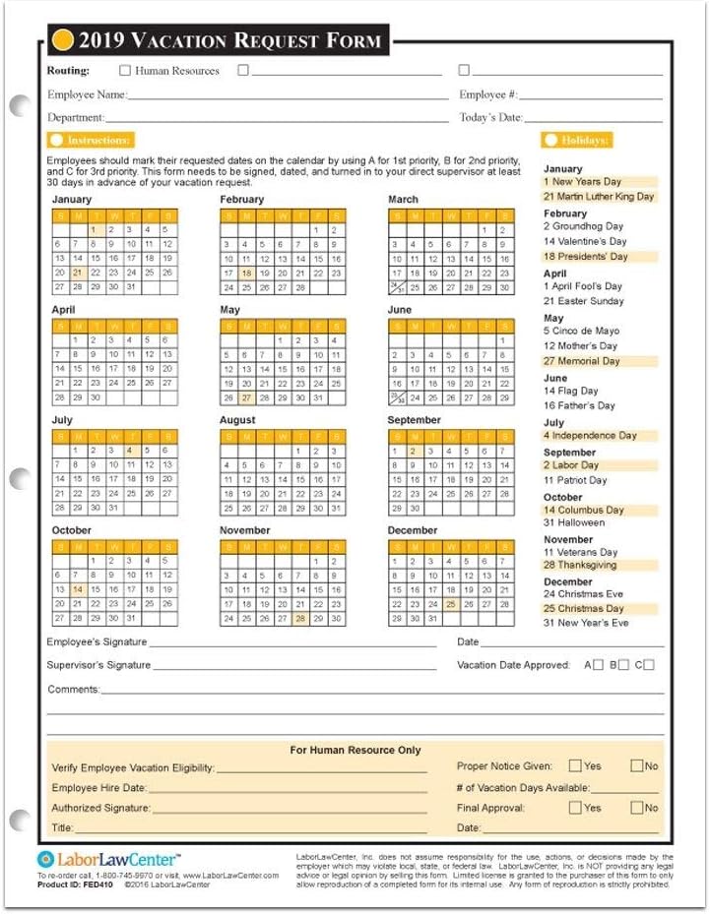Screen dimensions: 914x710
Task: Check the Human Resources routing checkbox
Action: tap(125, 71)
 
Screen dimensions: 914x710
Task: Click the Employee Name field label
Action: tap(87, 95)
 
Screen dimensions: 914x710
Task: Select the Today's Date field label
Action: tap(490, 118)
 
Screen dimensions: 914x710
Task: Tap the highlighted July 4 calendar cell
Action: tap(128, 450)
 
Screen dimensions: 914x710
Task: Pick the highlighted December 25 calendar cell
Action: tap(450, 604)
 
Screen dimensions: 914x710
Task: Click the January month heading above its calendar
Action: tap(71, 200)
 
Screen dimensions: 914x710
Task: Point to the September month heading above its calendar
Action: tap(414, 420)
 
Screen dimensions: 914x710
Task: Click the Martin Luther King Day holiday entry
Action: tap(599, 197)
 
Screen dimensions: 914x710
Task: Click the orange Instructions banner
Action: tap(91, 141)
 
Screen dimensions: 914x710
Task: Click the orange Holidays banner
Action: tap(577, 141)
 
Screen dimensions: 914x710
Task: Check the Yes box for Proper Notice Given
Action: tap(575, 765)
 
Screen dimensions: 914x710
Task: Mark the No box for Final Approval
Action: tap(636, 808)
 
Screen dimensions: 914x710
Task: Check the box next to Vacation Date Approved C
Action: tap(649, 665)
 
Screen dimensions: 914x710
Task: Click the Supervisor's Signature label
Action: tap(98, 665)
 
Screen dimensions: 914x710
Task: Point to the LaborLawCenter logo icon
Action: tap(46, 859)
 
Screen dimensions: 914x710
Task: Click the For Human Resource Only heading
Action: tap(355, 750)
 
